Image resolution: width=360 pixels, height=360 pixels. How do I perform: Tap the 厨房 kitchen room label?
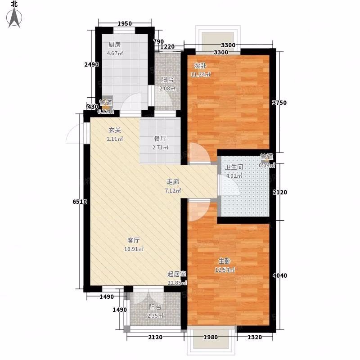115,45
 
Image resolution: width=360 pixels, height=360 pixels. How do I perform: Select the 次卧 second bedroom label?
200,66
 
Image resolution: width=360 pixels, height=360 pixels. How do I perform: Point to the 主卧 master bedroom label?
224,261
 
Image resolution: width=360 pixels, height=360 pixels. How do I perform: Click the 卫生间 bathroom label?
234,167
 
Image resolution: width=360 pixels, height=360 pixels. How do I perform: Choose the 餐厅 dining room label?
160,139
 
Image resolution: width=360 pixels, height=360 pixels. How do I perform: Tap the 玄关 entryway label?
115,130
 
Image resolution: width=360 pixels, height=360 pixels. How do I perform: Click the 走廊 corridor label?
173,182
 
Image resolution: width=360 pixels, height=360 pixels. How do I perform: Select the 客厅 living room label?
133,240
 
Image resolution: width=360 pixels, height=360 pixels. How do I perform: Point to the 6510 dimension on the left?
80,202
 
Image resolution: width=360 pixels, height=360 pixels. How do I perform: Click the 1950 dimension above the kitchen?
125,23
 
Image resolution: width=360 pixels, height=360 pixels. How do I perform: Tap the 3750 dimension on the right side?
279,103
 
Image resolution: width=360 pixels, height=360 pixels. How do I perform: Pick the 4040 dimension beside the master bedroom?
280,275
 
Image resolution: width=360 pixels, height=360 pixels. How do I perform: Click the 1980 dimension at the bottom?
211,337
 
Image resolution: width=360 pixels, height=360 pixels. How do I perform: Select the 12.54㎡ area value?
225,270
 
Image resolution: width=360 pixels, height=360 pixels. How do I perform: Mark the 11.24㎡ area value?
201,74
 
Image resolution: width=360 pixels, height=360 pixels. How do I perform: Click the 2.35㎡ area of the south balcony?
155,316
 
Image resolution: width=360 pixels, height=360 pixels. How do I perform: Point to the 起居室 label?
176,274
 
